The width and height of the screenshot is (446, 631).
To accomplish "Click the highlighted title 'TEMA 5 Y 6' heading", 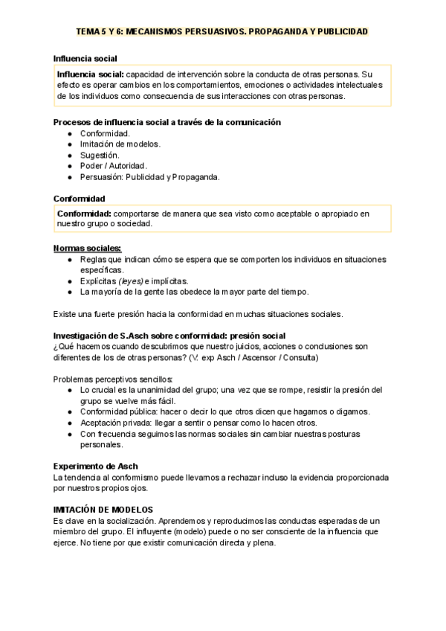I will (222, 32).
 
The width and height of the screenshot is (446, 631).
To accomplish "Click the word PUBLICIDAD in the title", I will (340, 32).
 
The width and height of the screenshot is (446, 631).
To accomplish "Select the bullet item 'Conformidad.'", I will (105, 133).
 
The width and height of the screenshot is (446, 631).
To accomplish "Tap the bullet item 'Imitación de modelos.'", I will (120, 144).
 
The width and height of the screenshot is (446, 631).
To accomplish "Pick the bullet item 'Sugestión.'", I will (100, 155).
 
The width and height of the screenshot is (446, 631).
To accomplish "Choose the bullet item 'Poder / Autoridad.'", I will (114, 165).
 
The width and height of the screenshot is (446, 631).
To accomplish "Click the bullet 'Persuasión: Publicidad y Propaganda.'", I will (150, 176).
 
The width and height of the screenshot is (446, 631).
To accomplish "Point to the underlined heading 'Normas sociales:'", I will (88, 248).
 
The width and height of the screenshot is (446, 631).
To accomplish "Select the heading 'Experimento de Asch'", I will (96, 466).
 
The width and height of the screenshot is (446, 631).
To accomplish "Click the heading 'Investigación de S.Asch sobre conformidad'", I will (169, 336).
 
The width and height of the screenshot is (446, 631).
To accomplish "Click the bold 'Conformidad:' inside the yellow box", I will (85, 214).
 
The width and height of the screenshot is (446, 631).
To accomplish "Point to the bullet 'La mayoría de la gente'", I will (194, 292).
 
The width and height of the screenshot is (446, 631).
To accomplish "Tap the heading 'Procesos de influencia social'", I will (167, 122).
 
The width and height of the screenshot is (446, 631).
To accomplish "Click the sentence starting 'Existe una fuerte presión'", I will (198, 313).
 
